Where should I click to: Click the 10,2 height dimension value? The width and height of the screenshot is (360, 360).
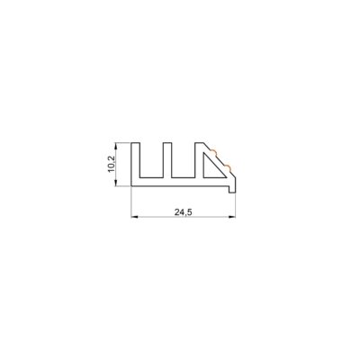[112, 164]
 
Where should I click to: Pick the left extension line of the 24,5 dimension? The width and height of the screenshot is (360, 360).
[131, 203]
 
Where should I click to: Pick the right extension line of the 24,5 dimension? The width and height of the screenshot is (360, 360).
[237, 205]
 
